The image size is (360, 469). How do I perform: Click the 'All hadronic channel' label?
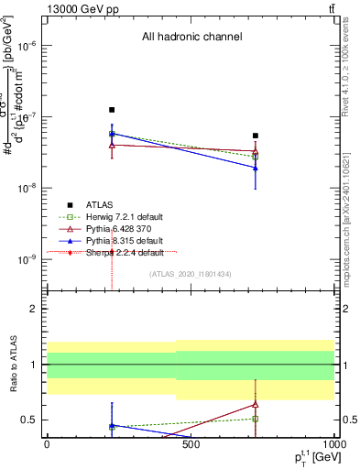pyautogui.click(x=191, y=38)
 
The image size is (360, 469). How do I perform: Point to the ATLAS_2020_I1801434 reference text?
pyautogui.click(x=191, y=274)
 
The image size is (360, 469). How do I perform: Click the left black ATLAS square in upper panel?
pyautogui.click(x=112, y=110)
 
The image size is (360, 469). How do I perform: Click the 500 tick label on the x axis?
pyautogui.click(x=191, y=445)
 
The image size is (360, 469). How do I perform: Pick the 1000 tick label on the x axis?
pyautogui.click(x=332, y=445)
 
